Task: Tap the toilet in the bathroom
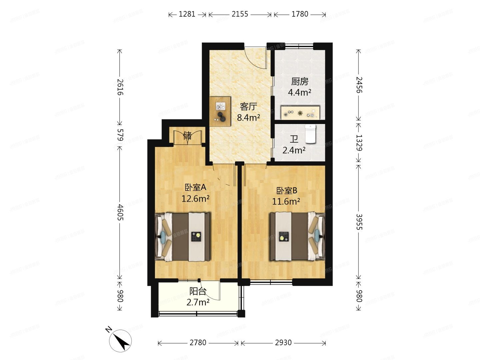(310, 134)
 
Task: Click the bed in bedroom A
(183, 237)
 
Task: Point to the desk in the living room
(220, 111)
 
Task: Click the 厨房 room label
(300, 81)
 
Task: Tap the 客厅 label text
(248, 107)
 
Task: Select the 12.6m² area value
(195, 199)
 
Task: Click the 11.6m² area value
(286, 201)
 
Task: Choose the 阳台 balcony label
(198, 291)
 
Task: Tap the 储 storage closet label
(187, 136)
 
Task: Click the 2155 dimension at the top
(240, 14)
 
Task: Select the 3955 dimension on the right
(359, 222)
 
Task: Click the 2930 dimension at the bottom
(283, 343)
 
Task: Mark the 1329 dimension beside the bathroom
(359, 143)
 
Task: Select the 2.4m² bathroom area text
(294, 150)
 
